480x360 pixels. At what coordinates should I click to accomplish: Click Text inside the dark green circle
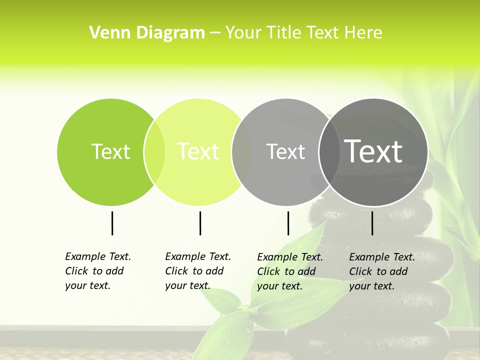point(110,151)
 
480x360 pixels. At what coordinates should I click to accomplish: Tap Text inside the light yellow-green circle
point(198,151)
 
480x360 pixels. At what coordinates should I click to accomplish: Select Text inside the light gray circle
point(285,151)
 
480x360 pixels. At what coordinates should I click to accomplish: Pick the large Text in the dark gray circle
point(373,151)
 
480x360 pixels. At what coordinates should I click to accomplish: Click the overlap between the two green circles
point(154,152)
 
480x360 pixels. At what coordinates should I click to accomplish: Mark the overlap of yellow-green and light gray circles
point(242,152)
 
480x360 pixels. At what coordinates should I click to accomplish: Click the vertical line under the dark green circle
point(112,223)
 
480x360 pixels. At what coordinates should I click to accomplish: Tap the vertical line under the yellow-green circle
point(200,223)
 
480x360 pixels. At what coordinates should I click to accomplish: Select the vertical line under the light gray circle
point(288,223)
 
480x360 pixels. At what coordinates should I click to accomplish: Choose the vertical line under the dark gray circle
point(372,223)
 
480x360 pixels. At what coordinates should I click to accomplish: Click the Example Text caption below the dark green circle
point(97,271)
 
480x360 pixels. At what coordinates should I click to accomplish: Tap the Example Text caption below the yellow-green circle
point(197,271)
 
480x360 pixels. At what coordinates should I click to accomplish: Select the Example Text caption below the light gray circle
point(289,271)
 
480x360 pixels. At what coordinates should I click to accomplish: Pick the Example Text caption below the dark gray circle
point(381,271)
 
